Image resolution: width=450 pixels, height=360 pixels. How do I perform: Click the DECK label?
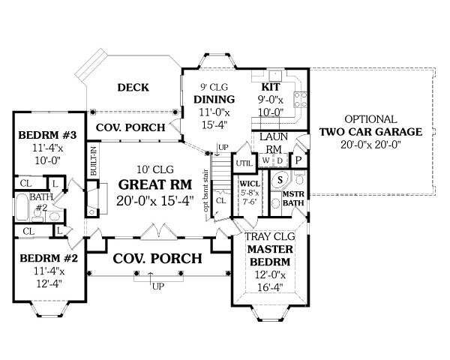[x=133, y=88]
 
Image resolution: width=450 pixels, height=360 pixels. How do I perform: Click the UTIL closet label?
[x=244, y=163]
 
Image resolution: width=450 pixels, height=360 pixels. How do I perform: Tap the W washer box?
[x=265, y=160]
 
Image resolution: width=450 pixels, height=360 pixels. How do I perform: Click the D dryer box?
[x=279, y=160]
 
